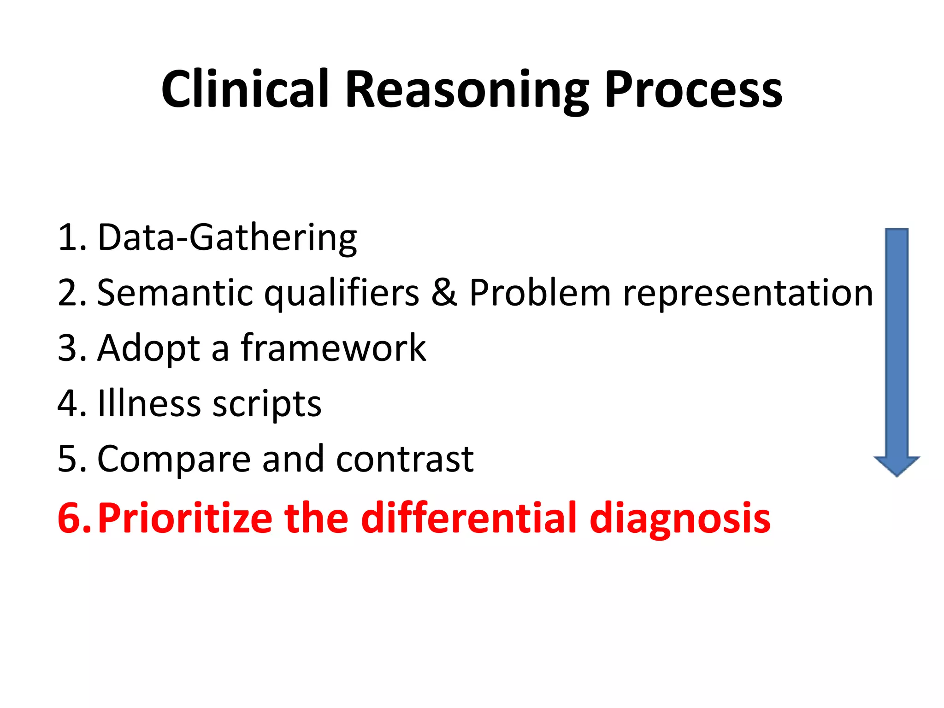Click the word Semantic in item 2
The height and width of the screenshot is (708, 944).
175,293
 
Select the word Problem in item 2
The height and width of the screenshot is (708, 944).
540,293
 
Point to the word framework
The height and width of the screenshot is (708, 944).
333,348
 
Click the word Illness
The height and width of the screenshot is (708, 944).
149,404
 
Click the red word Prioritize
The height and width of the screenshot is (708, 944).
185,518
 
